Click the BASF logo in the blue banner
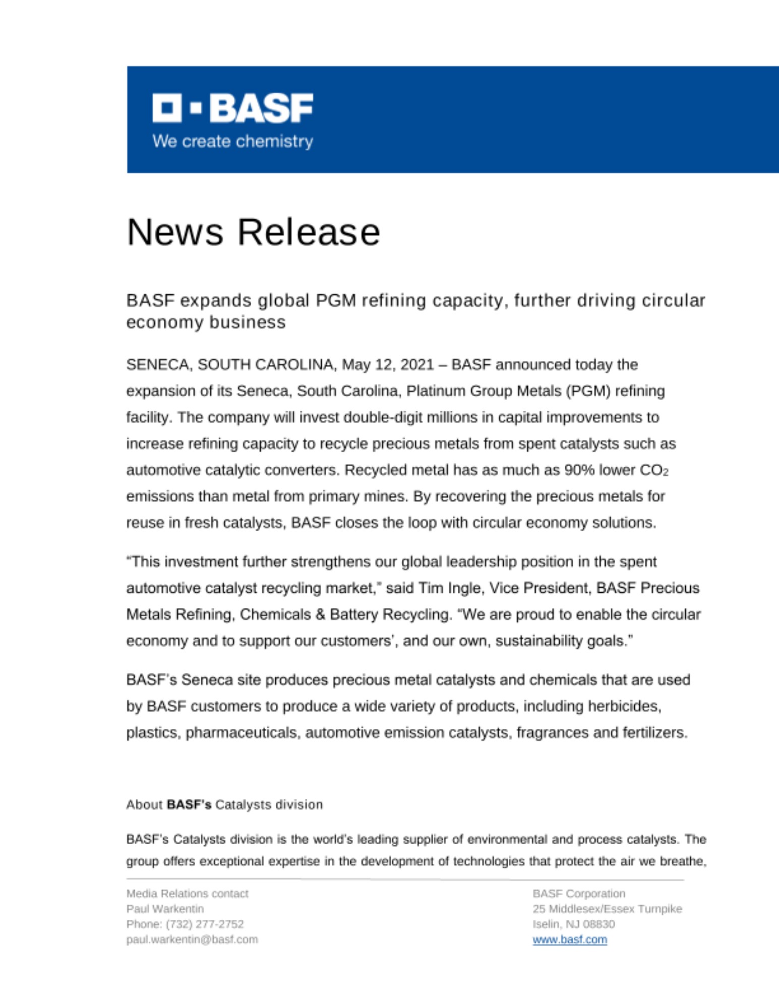pos(232,108)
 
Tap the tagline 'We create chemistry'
pos(232,141)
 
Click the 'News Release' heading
pos(253,232)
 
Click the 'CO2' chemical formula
pos(653,470)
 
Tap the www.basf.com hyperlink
pos(569,939)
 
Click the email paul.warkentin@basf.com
pos(192,939)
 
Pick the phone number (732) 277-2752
pos(205,924)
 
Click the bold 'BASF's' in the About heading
pos(189,804)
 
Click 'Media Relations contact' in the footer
pos(187,894)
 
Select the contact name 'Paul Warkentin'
pos(165,909)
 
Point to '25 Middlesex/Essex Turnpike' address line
pos(607,909)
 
